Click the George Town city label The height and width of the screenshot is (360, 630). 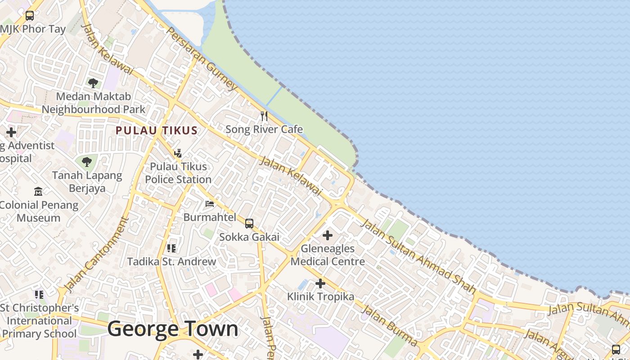pos(173,328)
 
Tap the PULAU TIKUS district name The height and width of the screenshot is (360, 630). pos(156,130)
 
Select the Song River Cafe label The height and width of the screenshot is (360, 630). pos(264,130)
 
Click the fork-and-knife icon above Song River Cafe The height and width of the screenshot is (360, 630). pos(264,116)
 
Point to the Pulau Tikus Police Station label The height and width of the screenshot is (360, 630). pos(178,173)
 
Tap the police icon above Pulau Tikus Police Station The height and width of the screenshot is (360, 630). pos(178,153)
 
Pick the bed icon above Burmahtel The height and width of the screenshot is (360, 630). pos(210,204)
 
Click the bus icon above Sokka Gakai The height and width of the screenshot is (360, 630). pos(249,223)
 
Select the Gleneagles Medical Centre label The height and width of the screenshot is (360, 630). pos(328,255)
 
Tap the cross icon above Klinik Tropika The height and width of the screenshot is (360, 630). pos(320,283)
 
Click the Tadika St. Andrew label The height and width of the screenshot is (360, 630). pos(171,261)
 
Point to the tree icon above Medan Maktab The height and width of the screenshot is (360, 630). pos(93,83)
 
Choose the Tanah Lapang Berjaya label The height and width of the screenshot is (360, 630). pos(87,181)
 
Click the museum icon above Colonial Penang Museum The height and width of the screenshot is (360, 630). pos(38,192)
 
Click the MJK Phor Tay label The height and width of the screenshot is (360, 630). pos(33,29)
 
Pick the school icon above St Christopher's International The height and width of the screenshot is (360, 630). pos(39,295)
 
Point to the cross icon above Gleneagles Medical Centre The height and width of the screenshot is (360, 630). pos(328,235)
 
